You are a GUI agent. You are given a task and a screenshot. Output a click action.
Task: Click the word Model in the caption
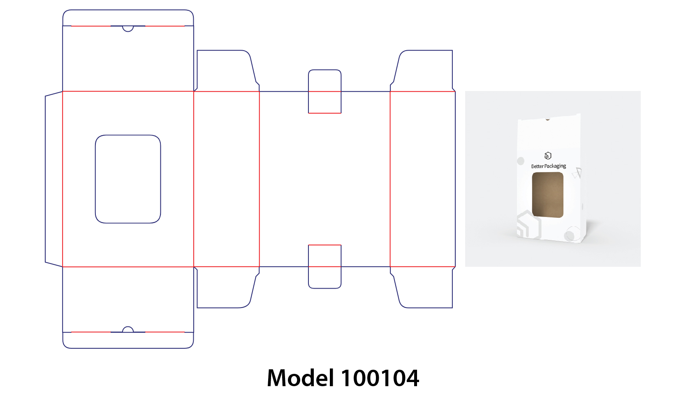click(300, 378)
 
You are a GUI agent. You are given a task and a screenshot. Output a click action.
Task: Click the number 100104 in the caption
click(380, 378)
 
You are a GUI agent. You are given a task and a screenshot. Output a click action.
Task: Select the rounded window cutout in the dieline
click(128, 179)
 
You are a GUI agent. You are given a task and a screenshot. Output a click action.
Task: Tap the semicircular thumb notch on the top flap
click(128, 28)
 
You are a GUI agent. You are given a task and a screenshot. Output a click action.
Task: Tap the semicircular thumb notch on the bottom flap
click(128, 329)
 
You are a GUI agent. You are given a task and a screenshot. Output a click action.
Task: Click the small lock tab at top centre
click(324, 91)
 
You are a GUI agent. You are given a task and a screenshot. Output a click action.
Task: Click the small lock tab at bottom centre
click(324, 266)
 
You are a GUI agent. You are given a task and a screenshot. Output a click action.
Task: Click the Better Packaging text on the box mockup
click(548, 166)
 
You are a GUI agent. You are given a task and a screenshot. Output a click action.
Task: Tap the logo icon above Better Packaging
click(548, 156)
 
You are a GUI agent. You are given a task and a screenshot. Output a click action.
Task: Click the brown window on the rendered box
click(548, 195)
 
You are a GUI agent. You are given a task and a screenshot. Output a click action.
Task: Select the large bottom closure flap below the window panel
click(128, 299)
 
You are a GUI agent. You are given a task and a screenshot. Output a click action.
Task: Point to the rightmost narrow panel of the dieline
click(422, 179)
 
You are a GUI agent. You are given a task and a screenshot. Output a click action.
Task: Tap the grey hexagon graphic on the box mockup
click(528, 225)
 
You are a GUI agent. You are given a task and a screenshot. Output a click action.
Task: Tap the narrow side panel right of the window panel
click(227, 179)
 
